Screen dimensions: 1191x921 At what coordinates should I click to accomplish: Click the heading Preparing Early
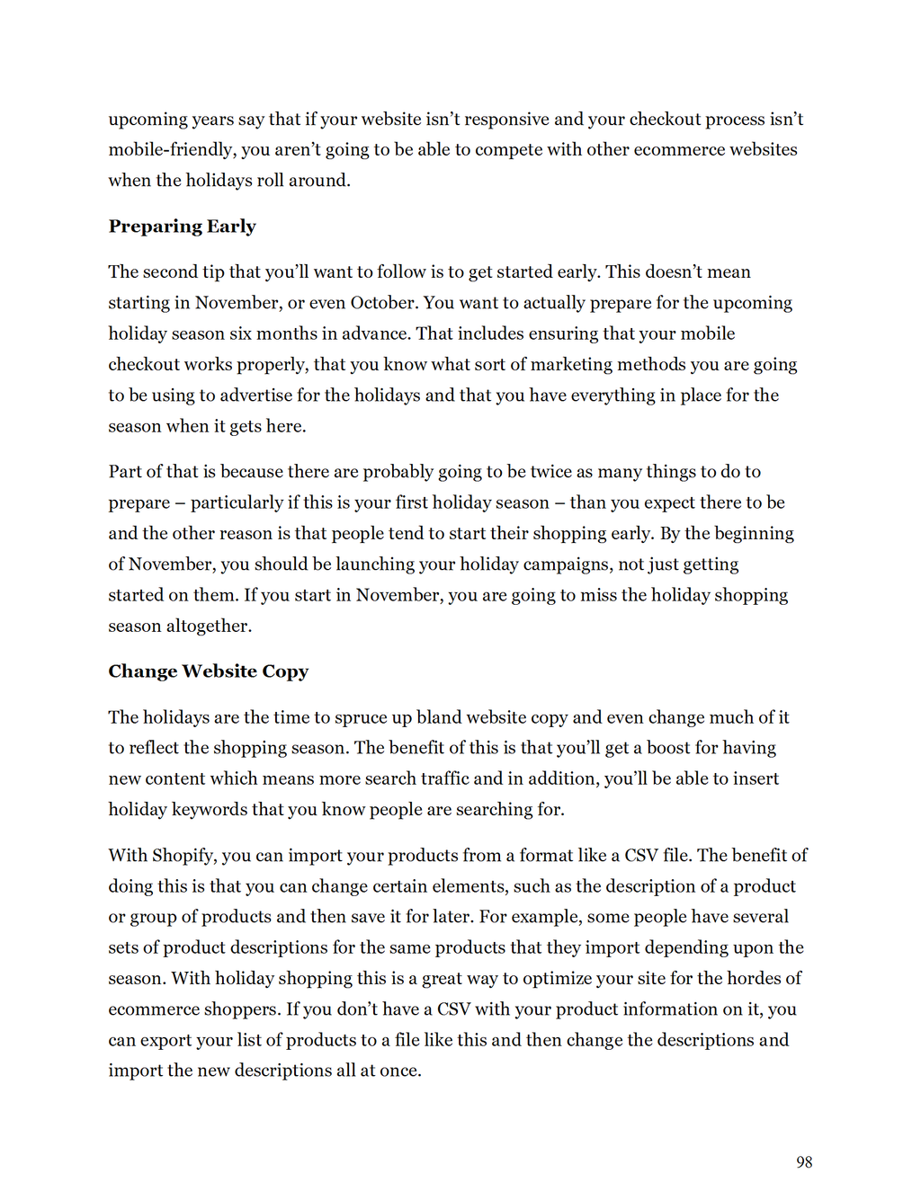pos(182,227)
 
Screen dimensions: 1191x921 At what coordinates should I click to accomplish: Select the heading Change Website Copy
pos(208,671)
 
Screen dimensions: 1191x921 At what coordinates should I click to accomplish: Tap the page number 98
pos(804,1162)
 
